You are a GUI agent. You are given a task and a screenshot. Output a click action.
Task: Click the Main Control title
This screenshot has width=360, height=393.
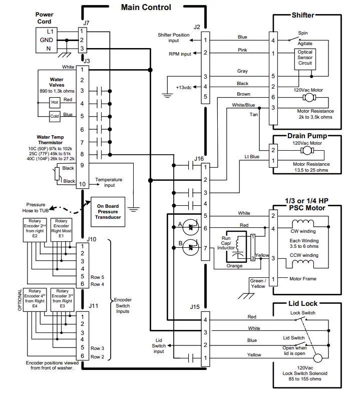(x=146, y=7)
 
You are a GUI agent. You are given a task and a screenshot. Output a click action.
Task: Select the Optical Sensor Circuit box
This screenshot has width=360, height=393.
(x=305, y=58)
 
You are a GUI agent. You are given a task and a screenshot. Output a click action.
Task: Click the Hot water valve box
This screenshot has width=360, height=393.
(x=55, y=102)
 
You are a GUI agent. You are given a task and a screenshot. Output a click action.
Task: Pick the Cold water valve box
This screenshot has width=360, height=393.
(x=55, y=116)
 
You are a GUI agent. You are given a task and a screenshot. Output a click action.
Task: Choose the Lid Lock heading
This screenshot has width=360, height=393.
(x=302, y=303)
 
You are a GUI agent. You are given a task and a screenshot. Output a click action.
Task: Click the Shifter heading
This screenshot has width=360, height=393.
(x=302, y=15)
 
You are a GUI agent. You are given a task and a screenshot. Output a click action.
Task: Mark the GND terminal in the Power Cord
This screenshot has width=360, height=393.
(x=47, y=40)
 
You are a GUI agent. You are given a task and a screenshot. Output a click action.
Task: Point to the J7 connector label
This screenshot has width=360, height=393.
(x=86, y=23)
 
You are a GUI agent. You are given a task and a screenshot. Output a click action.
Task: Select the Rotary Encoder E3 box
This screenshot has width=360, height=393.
(x=62, y=298)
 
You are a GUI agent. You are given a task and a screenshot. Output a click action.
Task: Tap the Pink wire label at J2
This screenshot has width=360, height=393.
(x=242, y=50)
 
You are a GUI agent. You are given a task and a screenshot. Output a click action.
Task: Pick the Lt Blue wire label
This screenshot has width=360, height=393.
(x=252, y=157)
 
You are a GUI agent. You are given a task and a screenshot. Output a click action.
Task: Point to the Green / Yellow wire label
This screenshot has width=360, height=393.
(x=258, y=284)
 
